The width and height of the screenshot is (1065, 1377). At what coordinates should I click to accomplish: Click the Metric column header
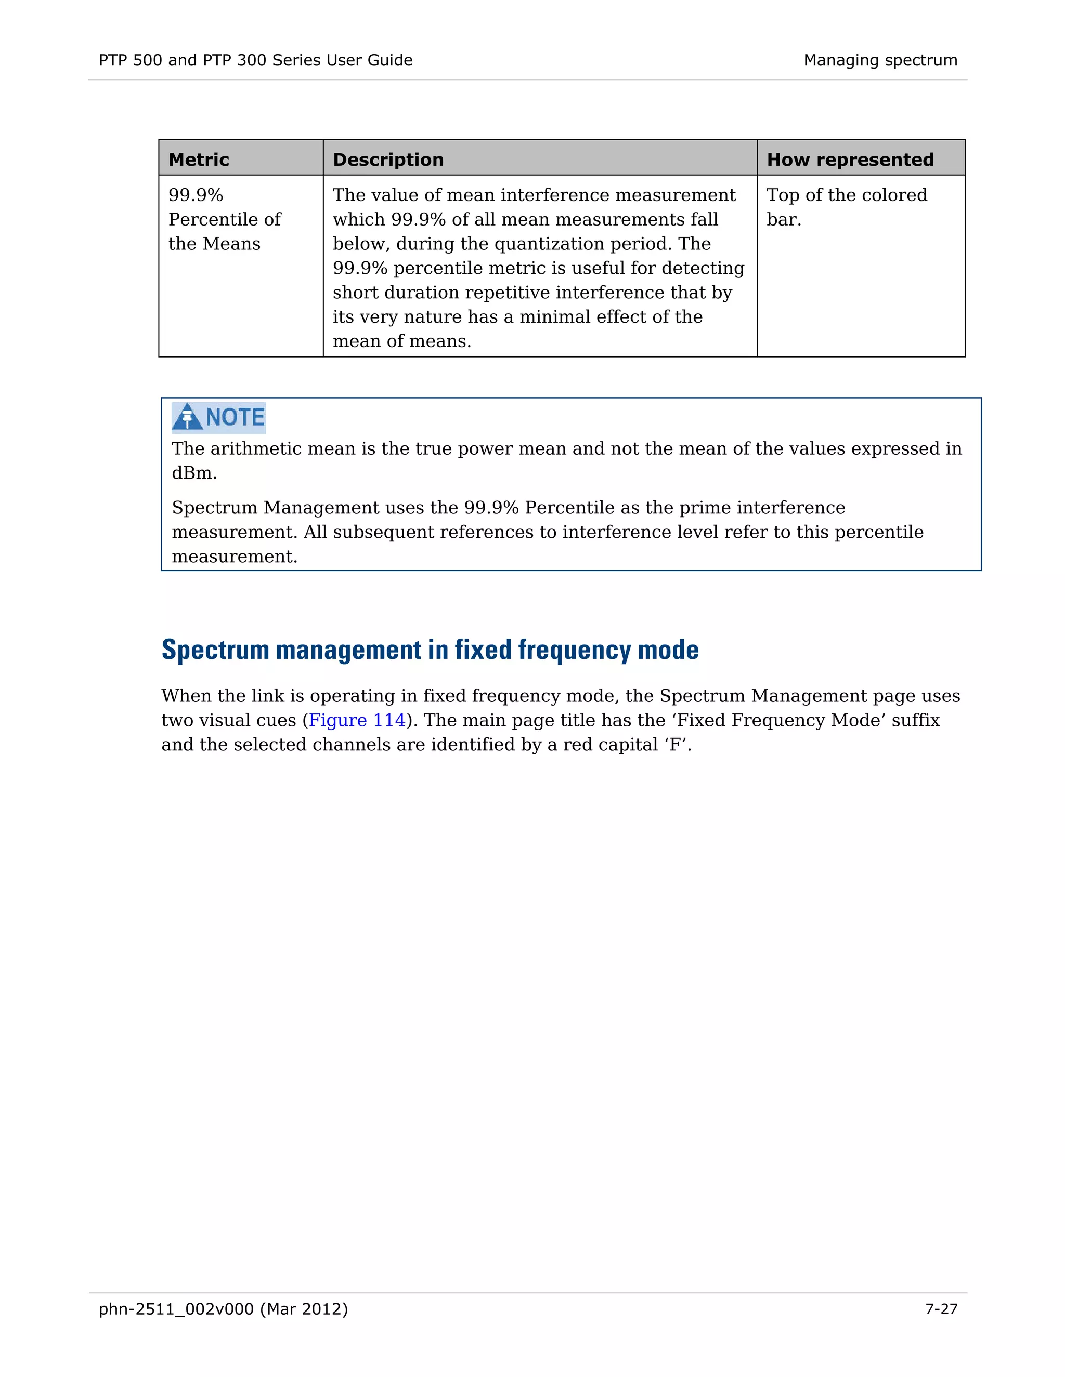tap(199, 160)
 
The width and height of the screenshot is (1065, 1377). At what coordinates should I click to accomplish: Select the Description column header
tap(388, 160)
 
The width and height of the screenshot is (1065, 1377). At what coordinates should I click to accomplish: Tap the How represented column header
tap(850, 160)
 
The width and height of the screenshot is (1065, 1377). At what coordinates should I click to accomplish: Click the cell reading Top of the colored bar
tap(846, 207)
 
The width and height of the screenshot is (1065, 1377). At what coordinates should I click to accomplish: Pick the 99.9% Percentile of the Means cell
tap(224, 219)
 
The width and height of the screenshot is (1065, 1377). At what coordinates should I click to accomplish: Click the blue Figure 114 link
tap(357, 720)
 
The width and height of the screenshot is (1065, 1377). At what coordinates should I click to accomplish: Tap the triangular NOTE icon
tap(187, 417)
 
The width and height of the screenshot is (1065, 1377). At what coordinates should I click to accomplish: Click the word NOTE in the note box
tap(236, 417)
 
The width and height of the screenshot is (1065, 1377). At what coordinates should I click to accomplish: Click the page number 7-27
tap(941, 1309)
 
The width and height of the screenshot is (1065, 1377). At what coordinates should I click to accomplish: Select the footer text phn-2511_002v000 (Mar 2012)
tap(223, 1309)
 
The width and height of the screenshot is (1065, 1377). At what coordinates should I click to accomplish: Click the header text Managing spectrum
tap(880, 60)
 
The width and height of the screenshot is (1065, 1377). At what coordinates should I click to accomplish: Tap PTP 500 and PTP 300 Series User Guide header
tap(255, 60)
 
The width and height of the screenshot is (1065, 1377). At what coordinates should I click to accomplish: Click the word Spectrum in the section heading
tap(215, 650)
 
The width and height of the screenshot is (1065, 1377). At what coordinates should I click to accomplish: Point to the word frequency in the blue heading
tap(573, 650)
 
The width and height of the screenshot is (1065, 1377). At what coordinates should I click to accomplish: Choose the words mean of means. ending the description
tap(402, 341)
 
